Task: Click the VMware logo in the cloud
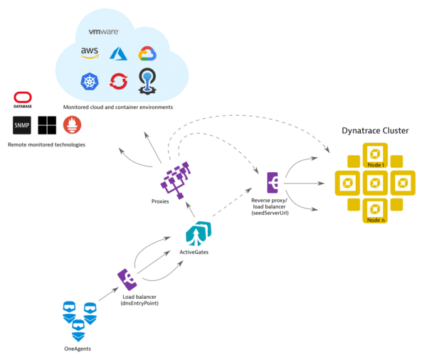tap(102, 32)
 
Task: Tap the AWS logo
tap(90, 53)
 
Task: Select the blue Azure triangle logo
tap(117, 53)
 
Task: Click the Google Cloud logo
tap(147, 54)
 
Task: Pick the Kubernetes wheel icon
tap(90, 82)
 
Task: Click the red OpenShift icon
tap(117, 83)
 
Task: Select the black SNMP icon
tap(22, 125)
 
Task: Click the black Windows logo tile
tap(47, 125)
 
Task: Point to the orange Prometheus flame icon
tap(72, 125)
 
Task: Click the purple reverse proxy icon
tap(273, 182)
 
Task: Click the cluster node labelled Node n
tap(373, 209)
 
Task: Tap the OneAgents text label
tap(78, 347)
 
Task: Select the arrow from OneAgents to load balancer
tap(105, 293)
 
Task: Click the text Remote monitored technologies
tap(46, 144)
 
